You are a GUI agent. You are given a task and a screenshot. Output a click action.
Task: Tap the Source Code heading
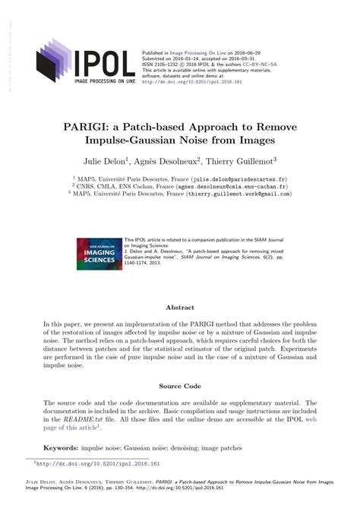point(180,386)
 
